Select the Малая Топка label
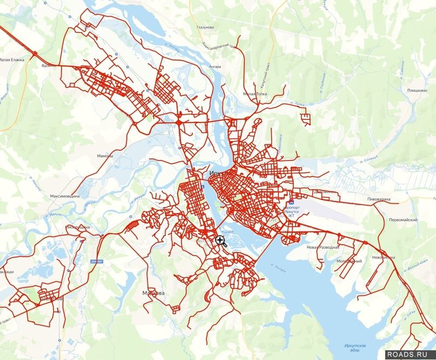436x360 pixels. (254, 94)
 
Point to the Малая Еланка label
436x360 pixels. (12, 59)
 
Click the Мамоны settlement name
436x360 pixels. (105, 156)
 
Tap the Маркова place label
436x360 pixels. (153, 293)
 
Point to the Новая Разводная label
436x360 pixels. (323, 247)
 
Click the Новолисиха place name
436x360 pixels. (384, 257)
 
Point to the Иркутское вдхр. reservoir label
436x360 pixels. (355, 348)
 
